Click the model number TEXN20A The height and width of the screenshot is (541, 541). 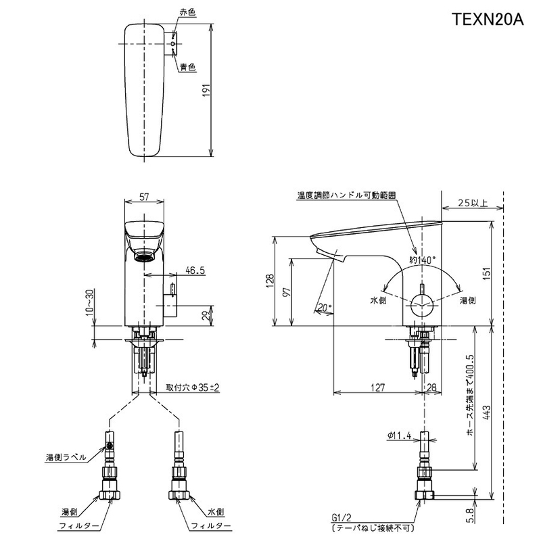tap(488, 20)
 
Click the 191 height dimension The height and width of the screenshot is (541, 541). tap(206, 90)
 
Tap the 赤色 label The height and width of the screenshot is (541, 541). tap(188, 13)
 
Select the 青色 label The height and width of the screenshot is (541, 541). tap(188, 67)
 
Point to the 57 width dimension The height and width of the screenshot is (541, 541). tap(144, 196)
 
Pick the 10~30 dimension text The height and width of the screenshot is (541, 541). tap(90, 302)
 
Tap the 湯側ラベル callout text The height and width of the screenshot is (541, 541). tap(66, 458)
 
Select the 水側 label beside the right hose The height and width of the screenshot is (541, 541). tap(216, 512)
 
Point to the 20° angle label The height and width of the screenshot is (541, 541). tap(325, 307)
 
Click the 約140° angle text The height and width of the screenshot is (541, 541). tap(423, 260)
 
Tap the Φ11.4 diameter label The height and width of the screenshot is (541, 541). tap(399, 436)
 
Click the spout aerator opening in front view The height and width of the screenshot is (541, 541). tap(144, 257)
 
